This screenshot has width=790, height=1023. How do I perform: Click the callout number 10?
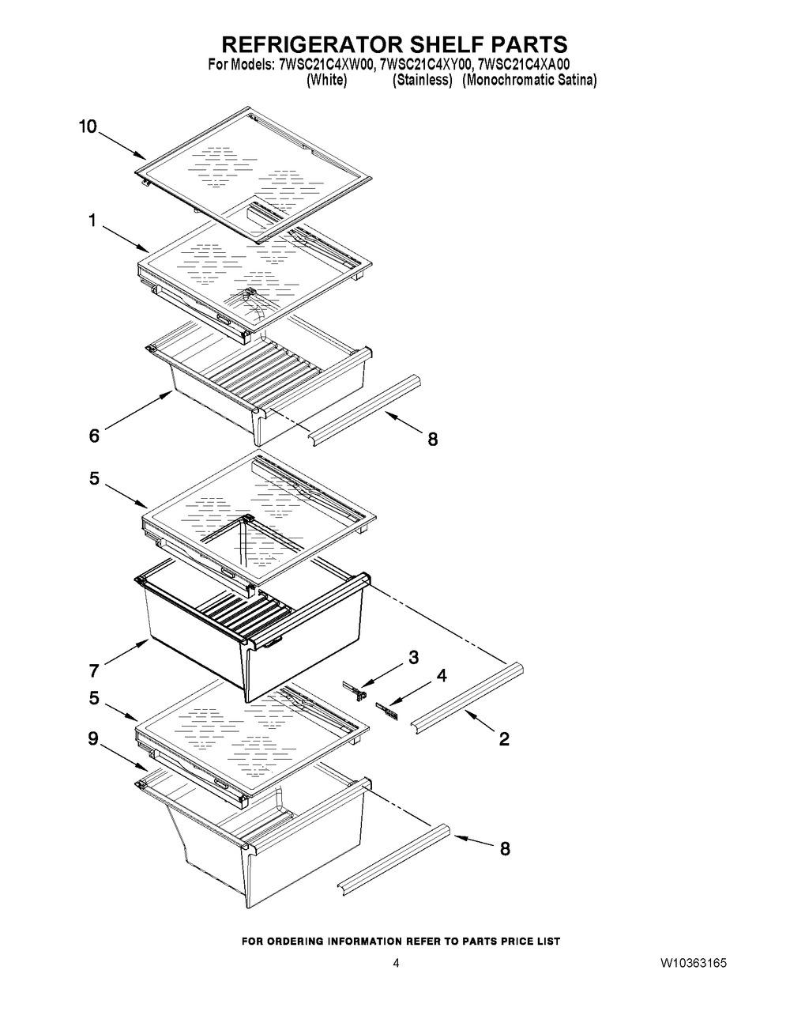click(x=88, y=126)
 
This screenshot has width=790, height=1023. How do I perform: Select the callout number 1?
click(x=92, y=222)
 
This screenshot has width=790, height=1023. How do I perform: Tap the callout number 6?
click(x=94, y=436)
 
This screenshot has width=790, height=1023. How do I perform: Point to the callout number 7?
click(x=94, y=671)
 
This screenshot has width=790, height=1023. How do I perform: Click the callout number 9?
click(x=93, y=739)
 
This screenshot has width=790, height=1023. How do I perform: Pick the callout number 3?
click(x=413, y=656)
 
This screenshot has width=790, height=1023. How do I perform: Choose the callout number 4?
click(x=442, y=675)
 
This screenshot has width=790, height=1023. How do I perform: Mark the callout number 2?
click(x=504, y=739)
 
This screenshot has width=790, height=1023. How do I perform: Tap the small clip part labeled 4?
click(x=387, y=708)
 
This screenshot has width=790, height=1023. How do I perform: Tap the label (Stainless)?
click(x=423, y=81)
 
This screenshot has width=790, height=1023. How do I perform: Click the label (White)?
click(x=325, y=81)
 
